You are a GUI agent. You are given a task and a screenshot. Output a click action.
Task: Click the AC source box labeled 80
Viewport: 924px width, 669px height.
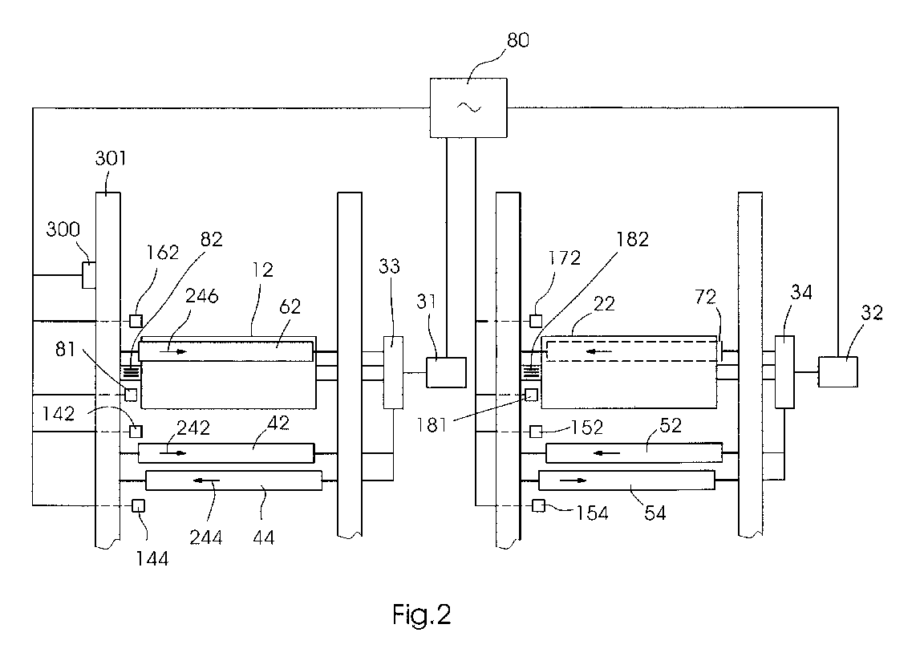pyautogui.click(x=468, y=107)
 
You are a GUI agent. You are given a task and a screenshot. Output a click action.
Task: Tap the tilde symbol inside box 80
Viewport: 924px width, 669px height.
pyautogui.click(x=470, y=107)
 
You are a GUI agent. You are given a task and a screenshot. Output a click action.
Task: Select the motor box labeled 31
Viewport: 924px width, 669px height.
pyautogui.click(x=446, y=372)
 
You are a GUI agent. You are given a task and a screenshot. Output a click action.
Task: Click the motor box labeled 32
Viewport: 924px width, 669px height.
pyautogui.click(x=838, y=372)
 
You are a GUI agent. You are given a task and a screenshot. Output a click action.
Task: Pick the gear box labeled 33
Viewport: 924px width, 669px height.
pyautogui.click(x=393, y=372)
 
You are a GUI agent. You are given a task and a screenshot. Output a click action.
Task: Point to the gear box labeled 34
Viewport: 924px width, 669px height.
pyautogui.click(x=784, y=372)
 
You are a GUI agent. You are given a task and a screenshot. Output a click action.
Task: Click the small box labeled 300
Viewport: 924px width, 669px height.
pyautogui.click(x=88, y=275)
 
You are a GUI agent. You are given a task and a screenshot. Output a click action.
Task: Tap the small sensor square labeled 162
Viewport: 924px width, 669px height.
pyautogui.click(x=136, y=321)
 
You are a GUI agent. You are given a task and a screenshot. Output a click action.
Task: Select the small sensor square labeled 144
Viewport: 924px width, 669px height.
pyautogui.click(x=139, y=505)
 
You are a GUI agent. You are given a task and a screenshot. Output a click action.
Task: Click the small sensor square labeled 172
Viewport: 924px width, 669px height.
pyautogui.click(x=536, y=321)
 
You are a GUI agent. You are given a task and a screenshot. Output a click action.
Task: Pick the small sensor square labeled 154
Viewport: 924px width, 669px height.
pyautogui.click(x=538, y=505)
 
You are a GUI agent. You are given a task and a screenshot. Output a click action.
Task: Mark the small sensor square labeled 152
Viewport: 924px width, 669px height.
pyautogui.click(x=536, y=432)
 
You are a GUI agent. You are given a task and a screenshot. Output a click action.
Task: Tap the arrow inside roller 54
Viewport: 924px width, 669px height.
pyautogui.click(x=573, y=480)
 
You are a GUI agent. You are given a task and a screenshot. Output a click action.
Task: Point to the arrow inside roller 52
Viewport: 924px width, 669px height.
pyautogui.click(x=606, y=453)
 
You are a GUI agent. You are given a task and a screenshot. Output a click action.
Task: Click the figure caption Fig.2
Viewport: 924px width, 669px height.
pyautogui.click(x=422, y=615)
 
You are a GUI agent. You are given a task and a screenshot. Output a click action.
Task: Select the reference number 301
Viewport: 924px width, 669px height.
pyautogui.click(x=111, y=158)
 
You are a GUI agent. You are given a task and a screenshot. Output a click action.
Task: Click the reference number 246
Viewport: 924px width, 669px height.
pyautogui.click(x=202, y=295)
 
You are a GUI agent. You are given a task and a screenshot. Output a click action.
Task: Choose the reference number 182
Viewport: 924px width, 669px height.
pyautogui.click(x=632, y=239)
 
